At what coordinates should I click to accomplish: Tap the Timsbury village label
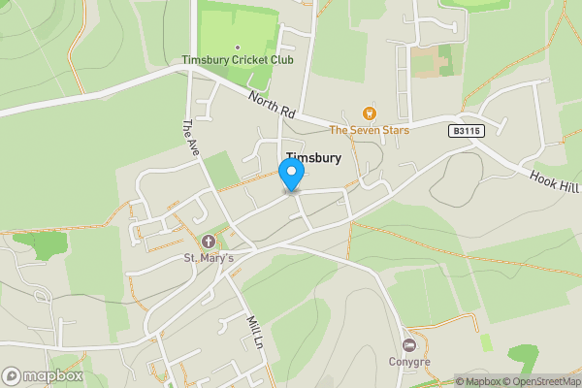313,158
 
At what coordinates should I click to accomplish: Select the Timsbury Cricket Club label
238,61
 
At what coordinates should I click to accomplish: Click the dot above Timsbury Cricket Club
238,47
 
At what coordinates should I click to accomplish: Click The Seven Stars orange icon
369,113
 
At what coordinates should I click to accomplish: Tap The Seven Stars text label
369,130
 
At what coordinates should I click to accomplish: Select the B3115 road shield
465,130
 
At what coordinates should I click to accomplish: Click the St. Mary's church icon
208,241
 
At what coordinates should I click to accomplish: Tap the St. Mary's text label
208,258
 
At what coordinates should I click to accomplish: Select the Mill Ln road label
255,333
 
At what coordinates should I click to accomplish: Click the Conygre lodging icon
409,345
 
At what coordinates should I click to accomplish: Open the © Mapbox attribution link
477,381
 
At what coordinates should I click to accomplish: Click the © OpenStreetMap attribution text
541,381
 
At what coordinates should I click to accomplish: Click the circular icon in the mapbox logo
12,375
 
